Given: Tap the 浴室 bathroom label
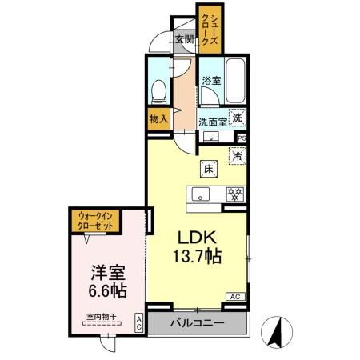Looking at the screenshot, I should [x=211, y=80].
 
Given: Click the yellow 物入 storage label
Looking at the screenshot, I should [x=158, y=119].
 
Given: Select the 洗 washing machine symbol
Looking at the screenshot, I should [x=237, y=117].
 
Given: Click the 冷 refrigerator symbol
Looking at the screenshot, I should [x=237, y=156].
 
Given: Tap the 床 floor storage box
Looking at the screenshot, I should [x=208, y=169].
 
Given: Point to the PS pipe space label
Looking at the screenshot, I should [x=242, y=137].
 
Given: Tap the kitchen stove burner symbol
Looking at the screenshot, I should [x=235, y=194].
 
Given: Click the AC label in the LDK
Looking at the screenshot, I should [x=236, y=296].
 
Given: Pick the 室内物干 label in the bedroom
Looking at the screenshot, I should [x=102, y=316].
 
